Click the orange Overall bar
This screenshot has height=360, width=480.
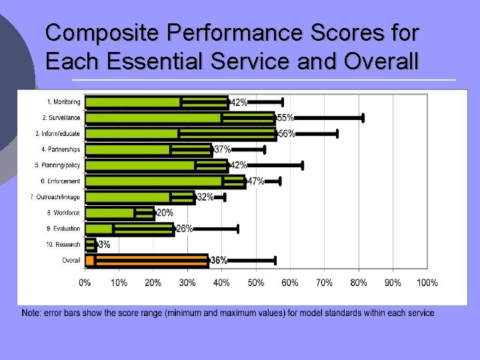[147, 260]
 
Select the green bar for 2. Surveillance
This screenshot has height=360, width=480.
[180, 118]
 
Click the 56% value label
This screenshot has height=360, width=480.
[287, 133]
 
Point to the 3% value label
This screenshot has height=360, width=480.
[105, 245]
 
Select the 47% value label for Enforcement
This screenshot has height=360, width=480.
[255, 181]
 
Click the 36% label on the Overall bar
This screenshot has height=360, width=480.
[219, 260]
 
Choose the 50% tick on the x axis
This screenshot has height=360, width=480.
[256, 283]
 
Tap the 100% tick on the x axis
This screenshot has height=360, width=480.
[427, 283]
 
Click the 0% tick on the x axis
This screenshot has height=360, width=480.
[85, 283]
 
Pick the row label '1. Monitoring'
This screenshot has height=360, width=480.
[63, 102]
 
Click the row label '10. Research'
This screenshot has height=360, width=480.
[64, 245]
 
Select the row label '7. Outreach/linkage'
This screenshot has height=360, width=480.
[55, 197]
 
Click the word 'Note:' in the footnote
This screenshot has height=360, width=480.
[31, 313]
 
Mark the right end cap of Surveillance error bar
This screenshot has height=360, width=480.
[363, 118]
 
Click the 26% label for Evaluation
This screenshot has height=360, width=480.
[185, 229]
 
